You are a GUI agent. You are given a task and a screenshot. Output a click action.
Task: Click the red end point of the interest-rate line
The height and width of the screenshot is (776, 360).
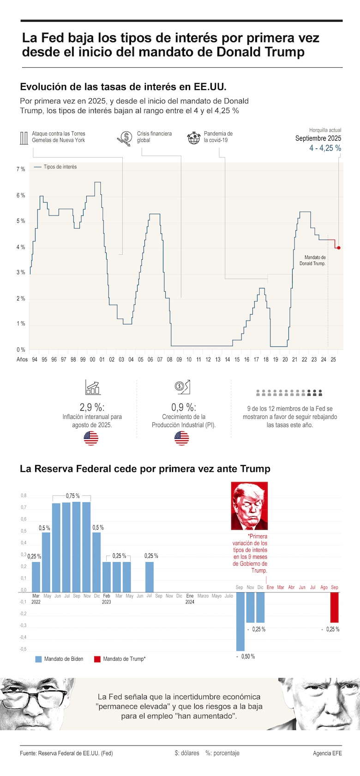pos(339,248)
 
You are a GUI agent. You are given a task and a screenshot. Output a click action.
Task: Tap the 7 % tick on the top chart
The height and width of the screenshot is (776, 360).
pos(21,169)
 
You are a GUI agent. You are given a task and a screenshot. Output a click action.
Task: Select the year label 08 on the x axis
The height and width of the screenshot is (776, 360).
pos(170,359)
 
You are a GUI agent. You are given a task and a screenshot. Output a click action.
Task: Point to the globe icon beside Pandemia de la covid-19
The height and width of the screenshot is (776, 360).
pos(193,137)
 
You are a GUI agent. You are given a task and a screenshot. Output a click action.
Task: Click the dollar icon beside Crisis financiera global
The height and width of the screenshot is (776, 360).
pos(125,138)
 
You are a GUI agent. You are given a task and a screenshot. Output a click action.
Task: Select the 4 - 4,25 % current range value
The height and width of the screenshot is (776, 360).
pos(325,148)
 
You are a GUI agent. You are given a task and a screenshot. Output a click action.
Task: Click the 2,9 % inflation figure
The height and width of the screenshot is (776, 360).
pos(92,407)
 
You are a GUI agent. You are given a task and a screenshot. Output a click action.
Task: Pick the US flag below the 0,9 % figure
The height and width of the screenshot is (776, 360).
pos(182,438)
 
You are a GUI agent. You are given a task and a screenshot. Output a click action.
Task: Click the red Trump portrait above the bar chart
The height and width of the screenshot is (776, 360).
pos(249,506)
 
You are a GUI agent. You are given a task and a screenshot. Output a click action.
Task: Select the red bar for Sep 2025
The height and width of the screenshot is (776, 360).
pos(335,607)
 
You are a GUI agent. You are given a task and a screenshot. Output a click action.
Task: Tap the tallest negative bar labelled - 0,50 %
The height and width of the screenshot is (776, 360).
pos(240,621)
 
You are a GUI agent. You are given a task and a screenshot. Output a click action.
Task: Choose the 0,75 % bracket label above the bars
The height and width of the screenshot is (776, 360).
pos(72,496)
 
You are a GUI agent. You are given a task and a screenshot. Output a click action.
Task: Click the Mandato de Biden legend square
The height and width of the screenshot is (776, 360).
pos(39,659)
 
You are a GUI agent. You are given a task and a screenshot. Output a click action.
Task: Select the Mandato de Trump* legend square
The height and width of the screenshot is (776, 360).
pos(97,659)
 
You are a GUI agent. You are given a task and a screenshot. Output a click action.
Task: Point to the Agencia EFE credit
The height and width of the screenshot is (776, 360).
pos(327,753)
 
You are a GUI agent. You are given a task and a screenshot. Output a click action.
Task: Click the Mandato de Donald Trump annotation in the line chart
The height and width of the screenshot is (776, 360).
pos(312,260)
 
